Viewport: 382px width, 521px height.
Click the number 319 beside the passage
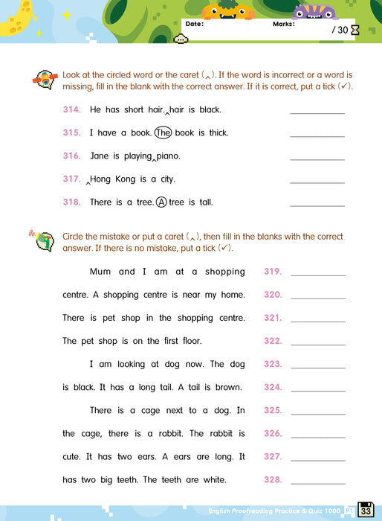point(273,272)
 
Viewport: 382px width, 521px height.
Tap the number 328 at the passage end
point(273,479)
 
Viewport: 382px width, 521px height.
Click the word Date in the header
point(194,24)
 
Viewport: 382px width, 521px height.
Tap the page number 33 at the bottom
point(365,510)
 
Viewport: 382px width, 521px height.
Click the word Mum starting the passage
point(100,272)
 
